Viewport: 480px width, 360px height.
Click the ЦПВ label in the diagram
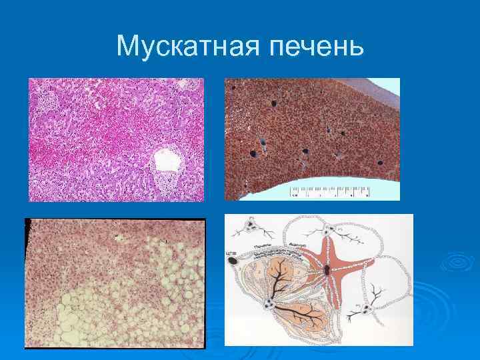point(231,254)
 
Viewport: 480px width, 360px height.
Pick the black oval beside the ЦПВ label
point(234,262)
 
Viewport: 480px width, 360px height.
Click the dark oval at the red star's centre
point(328,271)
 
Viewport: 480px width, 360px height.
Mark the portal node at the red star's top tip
point(329,231)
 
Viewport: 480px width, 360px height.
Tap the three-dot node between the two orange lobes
point(269,305)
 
